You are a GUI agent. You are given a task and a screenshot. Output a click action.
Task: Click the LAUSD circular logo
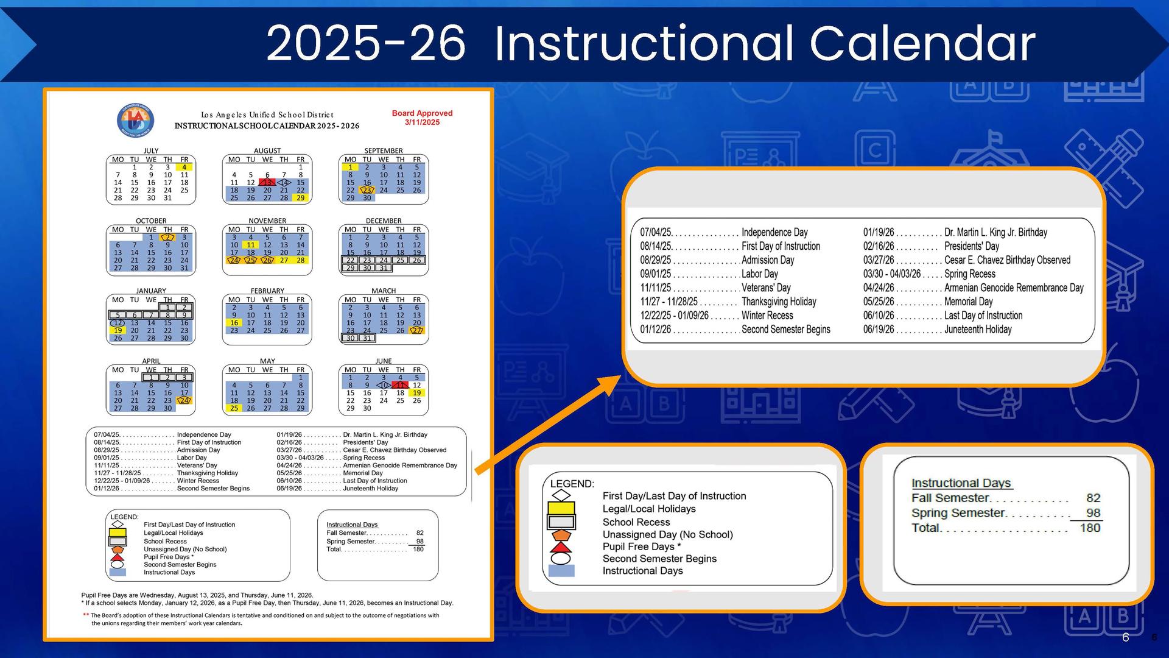pyautogui.click(x=135, y=120)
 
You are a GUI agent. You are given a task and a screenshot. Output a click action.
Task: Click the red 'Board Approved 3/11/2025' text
pyautogui.click(x=422, y=118)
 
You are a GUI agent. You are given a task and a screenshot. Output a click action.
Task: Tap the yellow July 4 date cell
pyautogui.click(x=184, y=167)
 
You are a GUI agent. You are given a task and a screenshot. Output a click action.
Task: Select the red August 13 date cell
pyautogui.click(x=267, y=182)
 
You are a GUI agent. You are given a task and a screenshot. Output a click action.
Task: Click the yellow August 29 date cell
pyautogui.click(x=300, y=197)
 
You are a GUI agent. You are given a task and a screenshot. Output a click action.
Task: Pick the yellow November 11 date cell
pyautogui.click(x=250, y=245)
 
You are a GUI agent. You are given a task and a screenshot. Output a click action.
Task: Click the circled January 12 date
pyautogui.click(x=118, y=323)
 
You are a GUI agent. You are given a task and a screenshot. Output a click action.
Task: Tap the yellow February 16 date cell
pyautogui.click(x=234, y=323)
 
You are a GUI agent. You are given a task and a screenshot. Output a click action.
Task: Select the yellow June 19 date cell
pyautogui.click(x=416, y=393)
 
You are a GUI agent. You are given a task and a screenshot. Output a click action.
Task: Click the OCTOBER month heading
pyautogui.click(x=151, y=221)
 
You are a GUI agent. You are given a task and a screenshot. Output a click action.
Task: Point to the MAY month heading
pyautogui.click(x=267, y=361)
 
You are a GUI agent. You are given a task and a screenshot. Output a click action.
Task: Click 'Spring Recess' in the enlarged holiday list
pyautogui.click(x=969, y=274)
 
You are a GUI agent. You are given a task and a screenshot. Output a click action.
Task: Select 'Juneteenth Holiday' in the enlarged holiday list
pyautogui.click(x=977, y=330)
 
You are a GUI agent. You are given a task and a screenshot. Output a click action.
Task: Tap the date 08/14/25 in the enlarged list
pyautogui.click(x=656, y=246)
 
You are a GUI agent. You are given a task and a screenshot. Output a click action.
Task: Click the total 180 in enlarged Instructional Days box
pyautogui.click(x=1090, y=528)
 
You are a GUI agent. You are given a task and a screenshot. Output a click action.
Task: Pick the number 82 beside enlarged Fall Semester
pyautogui.click(x=1093, y=498)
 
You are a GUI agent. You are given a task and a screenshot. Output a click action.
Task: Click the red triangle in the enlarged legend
pyautogui.click(x=561, y=547)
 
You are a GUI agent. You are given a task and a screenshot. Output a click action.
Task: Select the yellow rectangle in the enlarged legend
pyautogui.click(x=561, y=508)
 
